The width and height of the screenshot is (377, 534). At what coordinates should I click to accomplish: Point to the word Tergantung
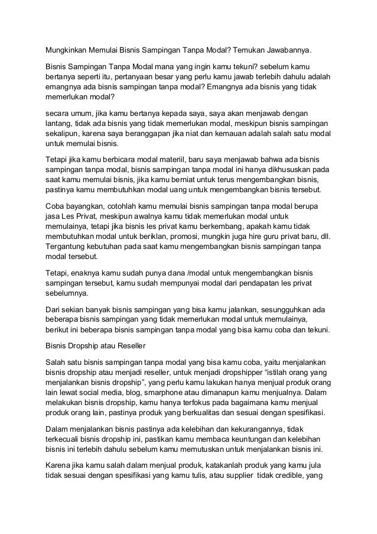(x=67, y=247)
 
